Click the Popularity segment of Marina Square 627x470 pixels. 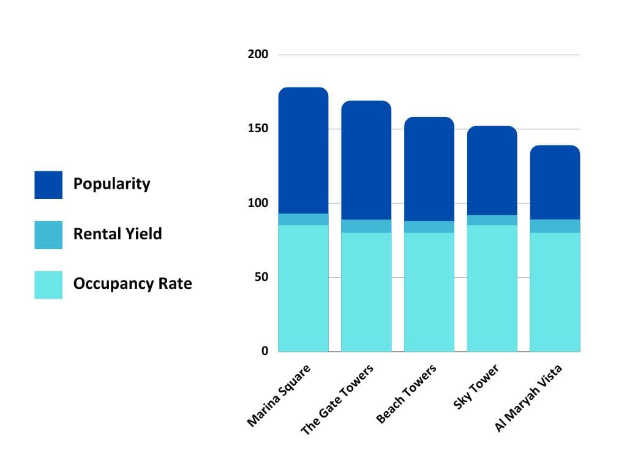click(x=303, y=151)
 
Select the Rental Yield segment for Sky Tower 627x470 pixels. click(x=492, y=220)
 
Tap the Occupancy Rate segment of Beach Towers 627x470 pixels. click(x=429, y=292)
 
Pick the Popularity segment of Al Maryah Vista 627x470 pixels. click(x=555, y=182)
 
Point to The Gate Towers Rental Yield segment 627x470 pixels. click(x=366, y=226)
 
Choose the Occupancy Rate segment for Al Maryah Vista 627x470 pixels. click(x=555, y=292)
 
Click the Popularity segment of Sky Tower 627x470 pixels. click(x=492, y=171)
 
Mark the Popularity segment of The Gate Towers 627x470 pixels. click(x=366, y=160)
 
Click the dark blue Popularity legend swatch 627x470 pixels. click(x=48, y=185)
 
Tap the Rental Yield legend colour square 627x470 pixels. click(x=48, y=235)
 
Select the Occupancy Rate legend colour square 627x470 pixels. click(x=48, y=285)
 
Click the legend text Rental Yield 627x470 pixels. click(x=118, y=234)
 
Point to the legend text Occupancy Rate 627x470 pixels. click(x=132, y=284)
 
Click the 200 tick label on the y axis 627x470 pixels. click(x=258, y=54)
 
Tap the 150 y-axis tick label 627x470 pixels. click(x=258, y=129)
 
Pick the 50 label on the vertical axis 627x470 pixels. click(x=261, y=277)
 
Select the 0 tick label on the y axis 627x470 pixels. click(x=265, y=351)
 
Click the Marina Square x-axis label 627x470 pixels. click(x=279, y=395)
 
